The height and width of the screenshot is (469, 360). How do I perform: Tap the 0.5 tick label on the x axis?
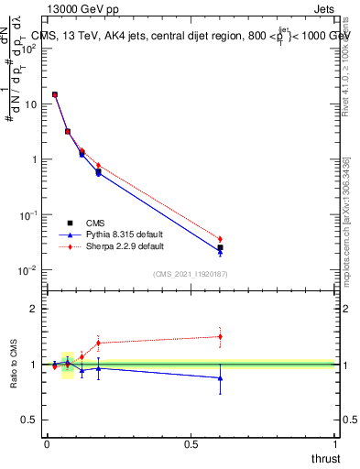[x=191, y=444]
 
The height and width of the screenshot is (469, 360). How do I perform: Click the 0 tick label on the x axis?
[x=47, y=444]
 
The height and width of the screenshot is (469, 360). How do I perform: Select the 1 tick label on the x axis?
[x=335, y=444]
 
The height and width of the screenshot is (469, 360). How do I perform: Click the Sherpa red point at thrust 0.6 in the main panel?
[x=220, y=239]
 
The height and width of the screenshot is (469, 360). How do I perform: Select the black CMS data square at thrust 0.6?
[x=220, y=247]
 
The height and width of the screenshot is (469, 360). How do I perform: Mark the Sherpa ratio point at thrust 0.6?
[x=220, y=336]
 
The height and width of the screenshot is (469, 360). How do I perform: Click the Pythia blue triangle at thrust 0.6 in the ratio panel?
[x=220, y=377]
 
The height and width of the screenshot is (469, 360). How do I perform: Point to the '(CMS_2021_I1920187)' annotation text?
[x=191, y=273]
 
